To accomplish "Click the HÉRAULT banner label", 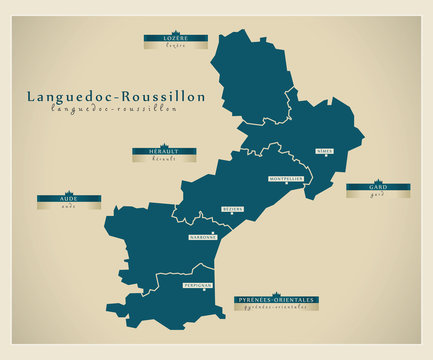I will click(x=164, y=151).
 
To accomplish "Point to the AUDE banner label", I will click(x=69, y=200).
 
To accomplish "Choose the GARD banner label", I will click(x=377, y=187).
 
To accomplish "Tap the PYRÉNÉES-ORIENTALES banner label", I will click(x=275, y=300).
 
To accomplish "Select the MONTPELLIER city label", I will click(x=287, y=179).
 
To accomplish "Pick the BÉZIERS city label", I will click(x=233, y=209).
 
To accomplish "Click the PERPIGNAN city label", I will click(x=196, y=285).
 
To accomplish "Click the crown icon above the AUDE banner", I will click(x=69, y=193).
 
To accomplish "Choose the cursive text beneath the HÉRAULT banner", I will click(x=164, y=159).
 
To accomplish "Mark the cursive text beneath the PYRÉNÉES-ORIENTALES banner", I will click(x=275, y=308).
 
